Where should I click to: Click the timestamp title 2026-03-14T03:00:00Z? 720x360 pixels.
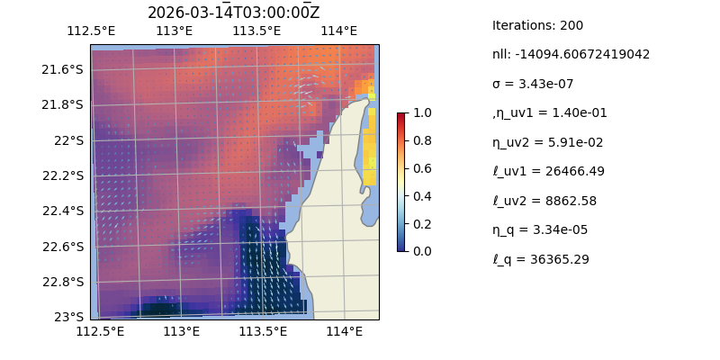233,13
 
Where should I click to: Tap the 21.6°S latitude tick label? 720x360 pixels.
64,69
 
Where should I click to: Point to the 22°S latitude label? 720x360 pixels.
69,140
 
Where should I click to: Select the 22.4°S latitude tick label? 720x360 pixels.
64,211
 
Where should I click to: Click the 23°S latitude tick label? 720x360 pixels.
69,317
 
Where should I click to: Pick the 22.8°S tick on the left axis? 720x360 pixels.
64,282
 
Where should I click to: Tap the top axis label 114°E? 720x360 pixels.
339,31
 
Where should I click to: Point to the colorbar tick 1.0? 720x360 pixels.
422,113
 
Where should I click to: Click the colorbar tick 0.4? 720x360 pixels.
422,196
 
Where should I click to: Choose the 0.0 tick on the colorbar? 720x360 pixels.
422,251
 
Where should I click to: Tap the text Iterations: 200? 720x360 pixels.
537,25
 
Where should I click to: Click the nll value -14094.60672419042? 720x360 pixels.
571,54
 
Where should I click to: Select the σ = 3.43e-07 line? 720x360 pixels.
533,84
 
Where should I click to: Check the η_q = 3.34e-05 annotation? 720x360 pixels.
540,229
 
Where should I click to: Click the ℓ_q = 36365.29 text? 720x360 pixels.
541,259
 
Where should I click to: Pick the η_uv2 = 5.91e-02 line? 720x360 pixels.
544,142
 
